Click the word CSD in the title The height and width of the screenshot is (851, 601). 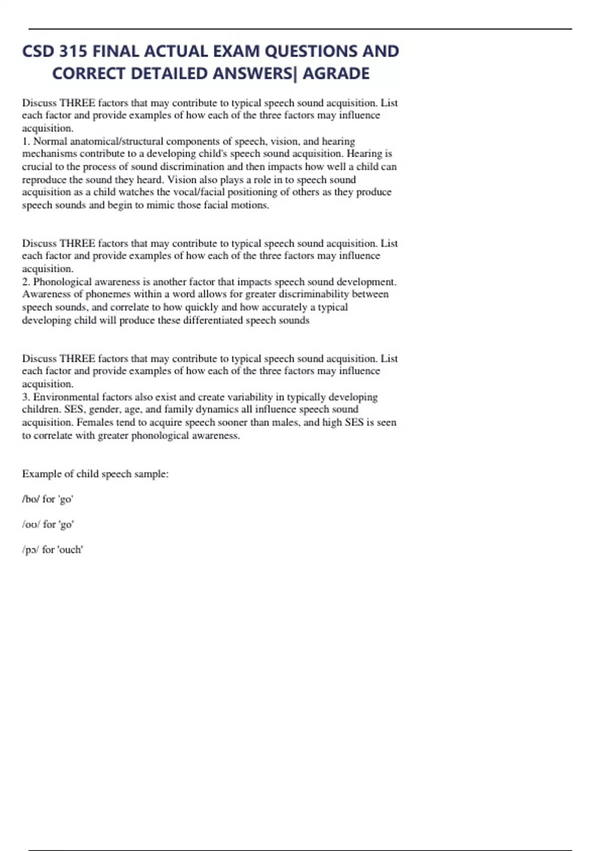(x=38, y=52)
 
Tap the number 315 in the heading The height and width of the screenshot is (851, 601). (x=73, y=52)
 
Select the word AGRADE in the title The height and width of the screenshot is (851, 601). (x=336, y=74)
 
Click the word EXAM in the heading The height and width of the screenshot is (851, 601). (x=236, y=52)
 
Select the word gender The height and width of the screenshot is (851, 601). (x=104, y=409)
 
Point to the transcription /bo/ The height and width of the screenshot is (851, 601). (x=31, y=499)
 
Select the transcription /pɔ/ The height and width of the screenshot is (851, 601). (x=31, y=550)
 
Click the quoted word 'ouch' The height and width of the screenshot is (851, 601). (x=71, y=550)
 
